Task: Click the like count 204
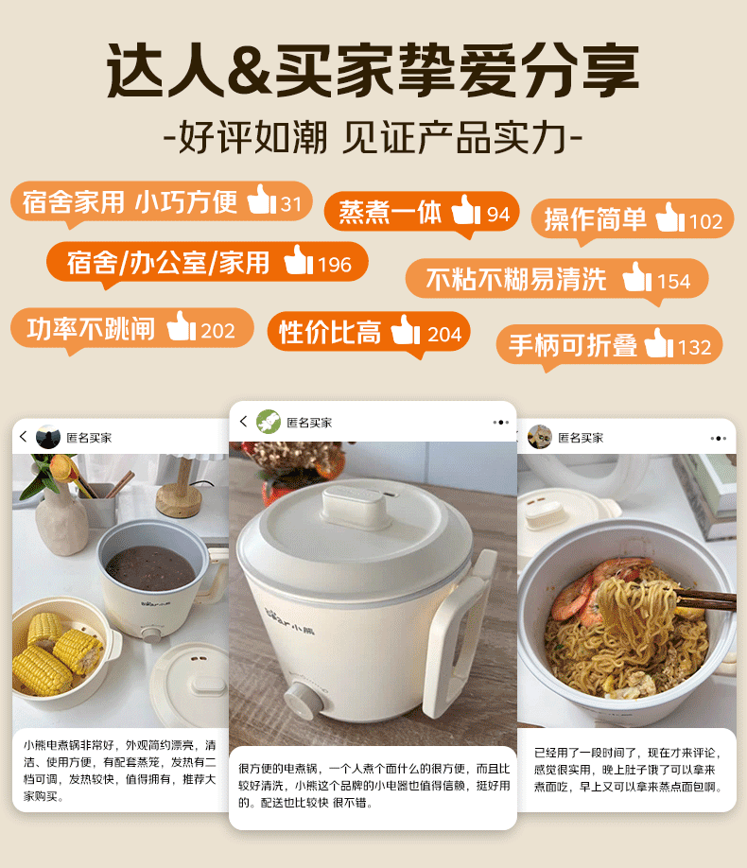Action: pos(444,335)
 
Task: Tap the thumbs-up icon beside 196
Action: pos(299,260)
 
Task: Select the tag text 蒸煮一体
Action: pos(390,213)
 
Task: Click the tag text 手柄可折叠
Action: pos(573,345)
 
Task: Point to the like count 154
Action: pos(673,282)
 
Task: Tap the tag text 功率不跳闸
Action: pos(91,329)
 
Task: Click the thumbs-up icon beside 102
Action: pos(670,217)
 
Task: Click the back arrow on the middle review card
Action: pos(243,422)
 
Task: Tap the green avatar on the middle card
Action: pos(269,422)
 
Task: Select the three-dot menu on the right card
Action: pos(719,439)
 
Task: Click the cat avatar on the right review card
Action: pos(540,438)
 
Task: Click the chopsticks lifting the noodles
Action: pos(704,599)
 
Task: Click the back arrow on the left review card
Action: pos(24,437)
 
